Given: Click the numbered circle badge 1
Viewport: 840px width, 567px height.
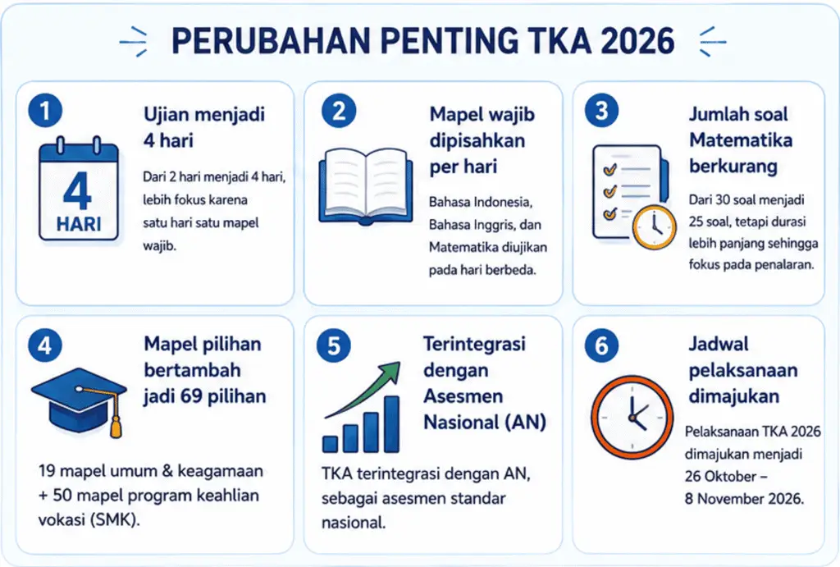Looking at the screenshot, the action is click(45, 111).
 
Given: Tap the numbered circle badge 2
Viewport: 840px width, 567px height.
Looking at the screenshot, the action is click(339, 111).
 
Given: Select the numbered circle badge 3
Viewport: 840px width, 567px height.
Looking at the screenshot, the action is click(601, 111).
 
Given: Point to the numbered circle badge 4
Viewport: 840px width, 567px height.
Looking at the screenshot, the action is click(45, 345).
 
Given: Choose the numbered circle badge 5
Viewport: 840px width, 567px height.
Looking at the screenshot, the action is click(333, 345).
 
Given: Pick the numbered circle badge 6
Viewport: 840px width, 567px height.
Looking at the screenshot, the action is click(601, 345).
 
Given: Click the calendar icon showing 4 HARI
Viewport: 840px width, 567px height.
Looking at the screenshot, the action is click(78, 189).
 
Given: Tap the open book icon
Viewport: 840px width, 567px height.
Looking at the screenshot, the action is click(366, 185).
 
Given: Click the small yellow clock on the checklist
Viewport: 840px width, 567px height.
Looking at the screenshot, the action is click(654, 227).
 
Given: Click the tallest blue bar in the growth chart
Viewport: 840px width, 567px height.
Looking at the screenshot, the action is click(391, 424).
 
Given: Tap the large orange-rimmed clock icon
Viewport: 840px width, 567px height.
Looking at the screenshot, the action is click(632, 417).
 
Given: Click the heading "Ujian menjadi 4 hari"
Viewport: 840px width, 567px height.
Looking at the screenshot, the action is click(204, 127).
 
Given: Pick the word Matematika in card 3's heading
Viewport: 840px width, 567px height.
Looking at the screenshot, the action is click(741, 139).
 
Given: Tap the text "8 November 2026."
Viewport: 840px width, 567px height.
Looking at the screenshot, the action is click(744, 498).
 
